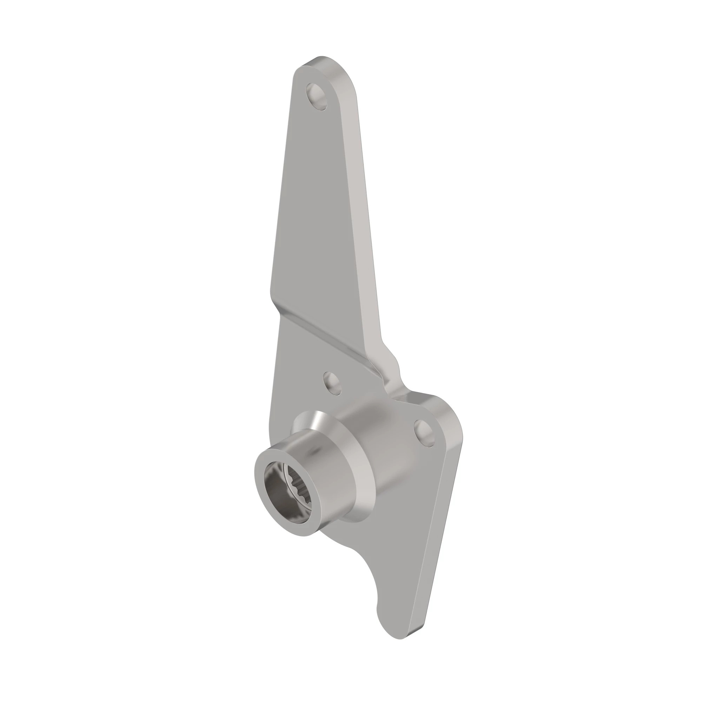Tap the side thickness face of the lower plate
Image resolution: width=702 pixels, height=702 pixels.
[x=438, y=545]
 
